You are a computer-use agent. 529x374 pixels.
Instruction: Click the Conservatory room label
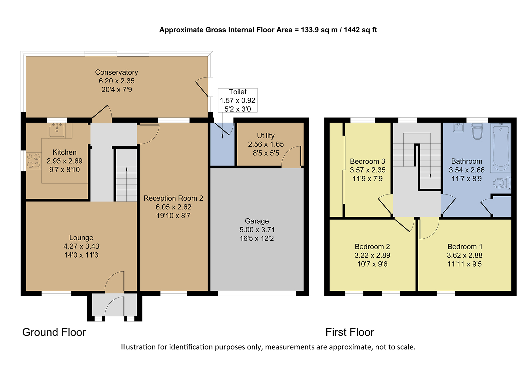pos(116,72)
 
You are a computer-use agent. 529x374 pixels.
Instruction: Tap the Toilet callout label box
pos(238,101)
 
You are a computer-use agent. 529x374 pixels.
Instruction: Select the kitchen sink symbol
pos(57,130)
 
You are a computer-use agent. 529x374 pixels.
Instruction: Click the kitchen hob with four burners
pos(34,161)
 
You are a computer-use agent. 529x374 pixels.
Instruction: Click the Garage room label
pos(257,221)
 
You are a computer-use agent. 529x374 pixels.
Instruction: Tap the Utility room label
pos(266,136)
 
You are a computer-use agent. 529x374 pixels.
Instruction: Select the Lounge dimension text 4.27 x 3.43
pos(81,246)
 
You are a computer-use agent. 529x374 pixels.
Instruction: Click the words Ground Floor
pos(54,332)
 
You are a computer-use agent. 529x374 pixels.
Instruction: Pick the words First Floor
pos(350,332)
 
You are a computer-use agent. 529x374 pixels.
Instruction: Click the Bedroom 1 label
pos(465,247)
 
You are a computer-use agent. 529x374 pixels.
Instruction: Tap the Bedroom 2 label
pos(372,247)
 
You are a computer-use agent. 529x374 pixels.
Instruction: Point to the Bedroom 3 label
pos(368,161)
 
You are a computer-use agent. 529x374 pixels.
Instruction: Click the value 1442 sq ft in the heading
pos(360,30)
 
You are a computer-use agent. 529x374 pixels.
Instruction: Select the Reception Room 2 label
pos(173,198)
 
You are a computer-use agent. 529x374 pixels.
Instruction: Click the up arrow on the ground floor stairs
pos(127,184)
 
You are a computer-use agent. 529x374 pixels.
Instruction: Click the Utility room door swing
pos(291,157)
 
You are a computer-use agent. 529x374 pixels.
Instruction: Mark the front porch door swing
pos(114,306)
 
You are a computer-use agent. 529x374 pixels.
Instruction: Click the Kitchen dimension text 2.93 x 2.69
pos(64,161)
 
